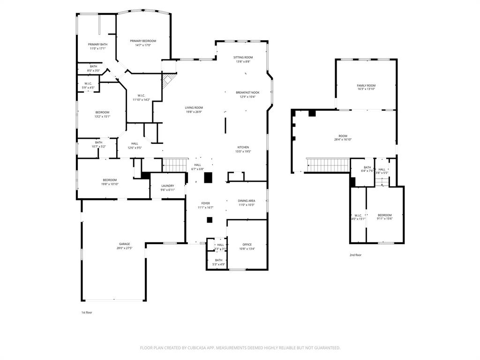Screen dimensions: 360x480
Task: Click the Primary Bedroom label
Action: [143, 41]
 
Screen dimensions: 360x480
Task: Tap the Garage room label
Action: [124, 244]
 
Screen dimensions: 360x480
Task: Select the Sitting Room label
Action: [243, 57]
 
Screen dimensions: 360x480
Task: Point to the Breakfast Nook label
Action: [247, 93]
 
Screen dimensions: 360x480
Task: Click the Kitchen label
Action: [243, 147]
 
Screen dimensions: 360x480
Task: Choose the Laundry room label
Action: [168, 186]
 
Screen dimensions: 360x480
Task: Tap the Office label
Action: [247, 244]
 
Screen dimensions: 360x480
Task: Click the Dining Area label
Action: [247, 201]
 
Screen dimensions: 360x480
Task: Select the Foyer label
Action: [206, 203]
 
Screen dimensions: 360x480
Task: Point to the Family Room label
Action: [366, 85]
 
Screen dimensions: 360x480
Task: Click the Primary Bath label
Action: [97, 45]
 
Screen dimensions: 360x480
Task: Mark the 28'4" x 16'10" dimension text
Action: [343, 140]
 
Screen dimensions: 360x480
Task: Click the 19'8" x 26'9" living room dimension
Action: [194, 112]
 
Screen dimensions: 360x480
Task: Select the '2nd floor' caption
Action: [355, 255]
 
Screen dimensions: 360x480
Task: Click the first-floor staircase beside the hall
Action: [174, 165]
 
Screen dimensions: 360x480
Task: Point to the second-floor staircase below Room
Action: [328, 165]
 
